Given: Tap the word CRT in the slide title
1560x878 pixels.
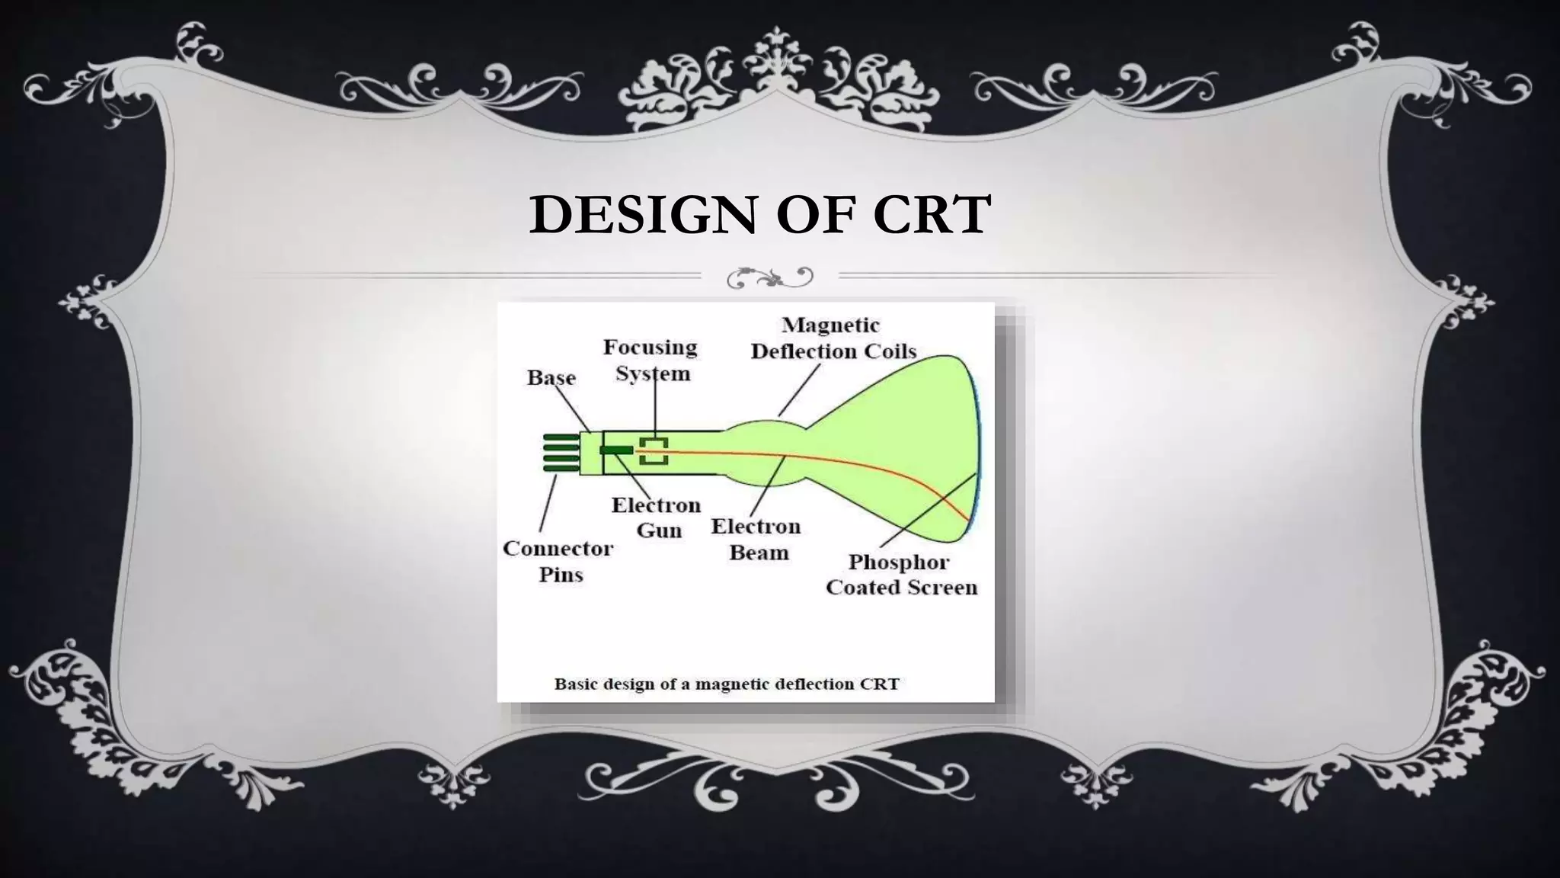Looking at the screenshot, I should [x=932, y=215].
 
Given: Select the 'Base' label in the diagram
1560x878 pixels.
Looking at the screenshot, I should [x=551, y=378].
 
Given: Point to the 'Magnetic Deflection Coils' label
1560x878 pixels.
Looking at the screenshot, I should [x=833, y=338].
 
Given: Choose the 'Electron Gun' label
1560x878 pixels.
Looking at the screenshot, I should [x=656, y=518].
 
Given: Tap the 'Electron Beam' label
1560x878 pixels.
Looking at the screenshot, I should [x=756, y=539].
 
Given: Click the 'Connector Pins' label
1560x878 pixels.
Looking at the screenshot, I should [x=558, y=561].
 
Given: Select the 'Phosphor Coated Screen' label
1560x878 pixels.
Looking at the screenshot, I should [x=901, y=575].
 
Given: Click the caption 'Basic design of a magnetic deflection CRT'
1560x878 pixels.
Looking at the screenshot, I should [x=727, y=684].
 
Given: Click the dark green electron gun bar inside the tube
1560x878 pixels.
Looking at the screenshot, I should [x=616, y=450].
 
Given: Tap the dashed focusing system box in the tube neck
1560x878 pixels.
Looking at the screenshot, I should [x=654, y=450].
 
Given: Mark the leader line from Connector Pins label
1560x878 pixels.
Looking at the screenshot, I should [x=547, y=503].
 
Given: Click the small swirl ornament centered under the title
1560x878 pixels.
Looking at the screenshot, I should [x=770, y=277].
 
